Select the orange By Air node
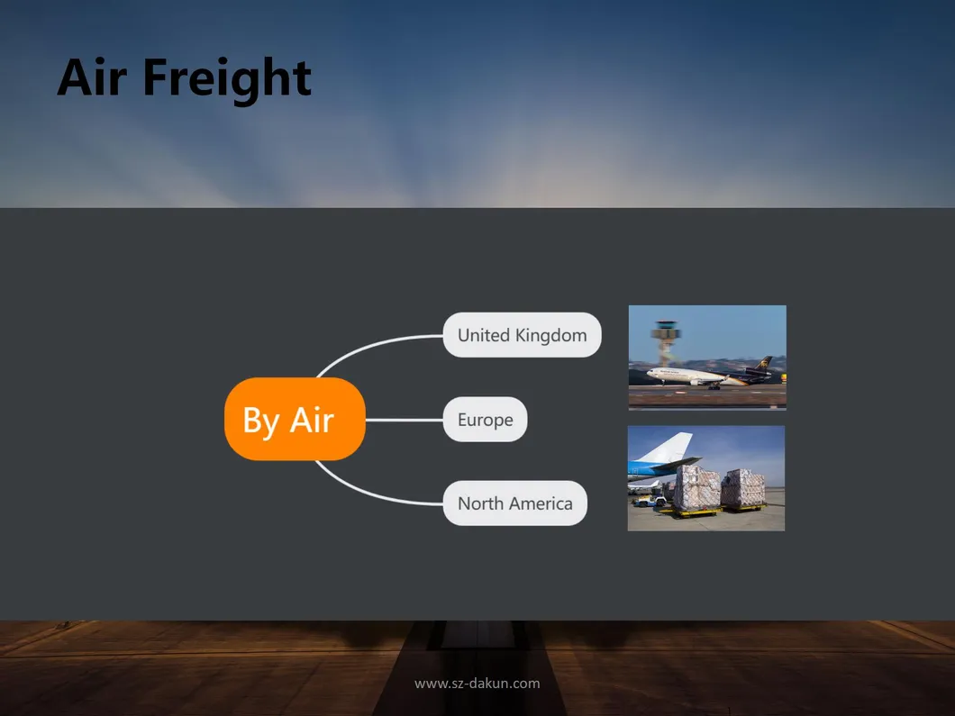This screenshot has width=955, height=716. click(x=295, y=420)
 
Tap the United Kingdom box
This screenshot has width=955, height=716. click(x=522, y=335)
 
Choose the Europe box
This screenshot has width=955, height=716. click(x=485, y=420)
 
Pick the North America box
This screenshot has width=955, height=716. click(x=514, y=503)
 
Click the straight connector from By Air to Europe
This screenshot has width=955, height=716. click(x=404, y=420)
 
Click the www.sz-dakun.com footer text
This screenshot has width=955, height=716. click(x=477, y=684)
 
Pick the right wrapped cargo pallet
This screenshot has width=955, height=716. click(x=743, y=486)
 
